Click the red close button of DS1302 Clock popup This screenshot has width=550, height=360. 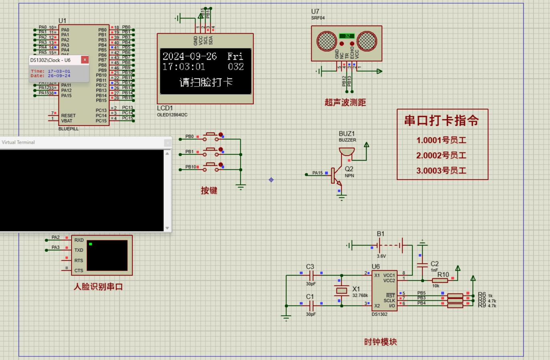pos(85,60)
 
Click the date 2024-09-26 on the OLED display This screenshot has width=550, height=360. pos(189,56)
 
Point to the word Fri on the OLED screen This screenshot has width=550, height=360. pos(235,56)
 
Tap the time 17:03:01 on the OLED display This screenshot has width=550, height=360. pos(183,66)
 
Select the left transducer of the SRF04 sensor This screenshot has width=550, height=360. pos(326,41)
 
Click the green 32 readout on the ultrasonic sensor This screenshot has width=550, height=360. pos(347,36)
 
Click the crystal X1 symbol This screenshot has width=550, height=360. pos(341,290)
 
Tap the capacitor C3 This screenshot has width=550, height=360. pos(311,275)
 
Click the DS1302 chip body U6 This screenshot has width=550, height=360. pos(384,290)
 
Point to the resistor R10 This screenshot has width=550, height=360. pos(440,280)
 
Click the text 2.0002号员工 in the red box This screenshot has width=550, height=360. pos(441,155)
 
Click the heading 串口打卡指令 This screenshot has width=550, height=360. pos(441,121)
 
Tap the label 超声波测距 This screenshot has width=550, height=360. pos(345,103)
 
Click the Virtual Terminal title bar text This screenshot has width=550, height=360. pos(18,142)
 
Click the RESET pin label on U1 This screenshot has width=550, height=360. pos(68,115)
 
